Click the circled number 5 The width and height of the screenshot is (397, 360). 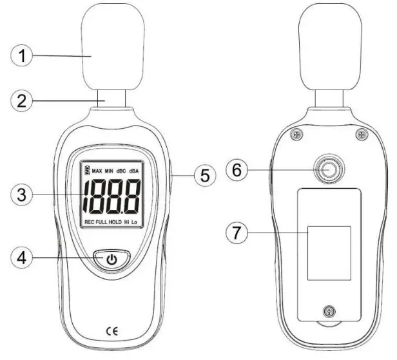coord(205,175)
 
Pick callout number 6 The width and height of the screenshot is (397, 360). coord(237,171)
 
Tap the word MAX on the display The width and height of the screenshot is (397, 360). coord(97,171)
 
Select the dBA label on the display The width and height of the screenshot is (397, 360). coord(135,171)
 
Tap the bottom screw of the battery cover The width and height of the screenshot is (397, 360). coord(329,312)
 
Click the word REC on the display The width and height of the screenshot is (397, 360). coord(89,222)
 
